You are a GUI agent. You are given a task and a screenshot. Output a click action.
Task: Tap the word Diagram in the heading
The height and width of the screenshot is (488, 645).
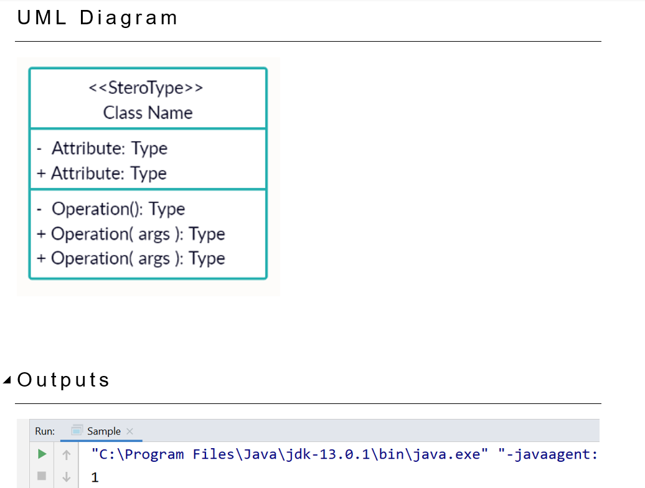129,18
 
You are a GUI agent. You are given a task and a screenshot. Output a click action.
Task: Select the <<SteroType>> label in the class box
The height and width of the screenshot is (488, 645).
146,88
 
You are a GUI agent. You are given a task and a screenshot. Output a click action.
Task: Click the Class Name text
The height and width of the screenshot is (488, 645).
148,113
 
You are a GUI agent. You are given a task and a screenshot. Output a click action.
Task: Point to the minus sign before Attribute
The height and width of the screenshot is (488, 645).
39,149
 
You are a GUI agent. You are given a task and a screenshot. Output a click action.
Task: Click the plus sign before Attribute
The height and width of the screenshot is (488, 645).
41,174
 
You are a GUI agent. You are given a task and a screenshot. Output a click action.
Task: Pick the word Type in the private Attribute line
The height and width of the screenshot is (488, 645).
149,149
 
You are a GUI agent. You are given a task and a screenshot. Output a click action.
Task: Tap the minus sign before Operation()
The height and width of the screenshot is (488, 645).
39,209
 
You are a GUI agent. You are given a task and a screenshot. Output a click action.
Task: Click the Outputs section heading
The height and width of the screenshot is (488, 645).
64,380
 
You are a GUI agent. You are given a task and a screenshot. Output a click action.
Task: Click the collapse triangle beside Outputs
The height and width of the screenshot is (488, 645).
7,380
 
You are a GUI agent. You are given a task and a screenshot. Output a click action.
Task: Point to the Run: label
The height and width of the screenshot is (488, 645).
45,431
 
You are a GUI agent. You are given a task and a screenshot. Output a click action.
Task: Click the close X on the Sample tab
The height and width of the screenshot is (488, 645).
129,431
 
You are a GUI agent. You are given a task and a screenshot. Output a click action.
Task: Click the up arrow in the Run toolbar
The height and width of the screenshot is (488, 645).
65,454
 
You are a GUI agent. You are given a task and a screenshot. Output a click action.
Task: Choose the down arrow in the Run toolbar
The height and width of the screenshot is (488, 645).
65,477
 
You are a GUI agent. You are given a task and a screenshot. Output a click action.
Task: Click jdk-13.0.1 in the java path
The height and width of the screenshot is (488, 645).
346,454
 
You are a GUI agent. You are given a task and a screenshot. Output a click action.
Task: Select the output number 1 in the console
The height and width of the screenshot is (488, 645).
95,478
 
